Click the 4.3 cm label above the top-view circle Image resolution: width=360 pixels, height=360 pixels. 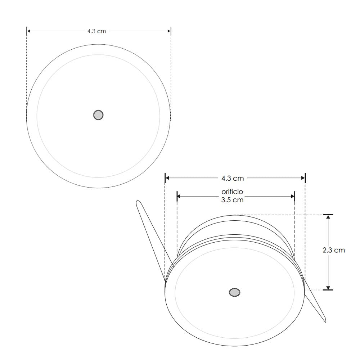pyautogui.click(x=96, y=31)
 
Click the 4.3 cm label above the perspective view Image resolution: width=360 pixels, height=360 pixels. pyautogui.click(x=232, y=178)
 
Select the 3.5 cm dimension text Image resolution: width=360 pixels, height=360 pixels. pyautogui.click(x=232, y=200)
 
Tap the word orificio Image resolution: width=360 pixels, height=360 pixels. pyautogui.click(x=232, y=192)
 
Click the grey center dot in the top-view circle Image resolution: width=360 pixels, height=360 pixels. pyautogui.click(x=98, y=115)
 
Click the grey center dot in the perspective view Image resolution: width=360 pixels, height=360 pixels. pyautogui.click(x=235, y=292)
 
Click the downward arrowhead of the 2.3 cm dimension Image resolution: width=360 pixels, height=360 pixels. pyautogui.click(x=328, y=287)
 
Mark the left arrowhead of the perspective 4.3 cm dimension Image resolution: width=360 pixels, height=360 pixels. pyautogui.click(x=168, y=178)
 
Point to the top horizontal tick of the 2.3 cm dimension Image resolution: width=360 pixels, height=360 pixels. pyautogui.click(x=328, y=215)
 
